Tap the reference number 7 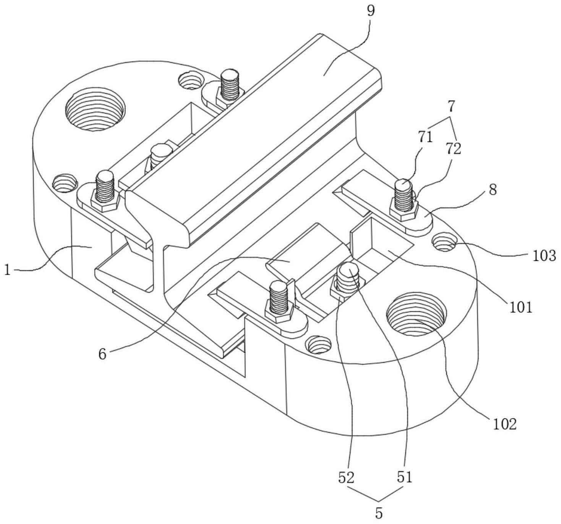coord(451,106)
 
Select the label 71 coord(425,138)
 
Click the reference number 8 coord(493,190)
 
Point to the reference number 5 coord(378,513)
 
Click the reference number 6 coord(102,354)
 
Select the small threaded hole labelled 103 coord(444,241)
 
